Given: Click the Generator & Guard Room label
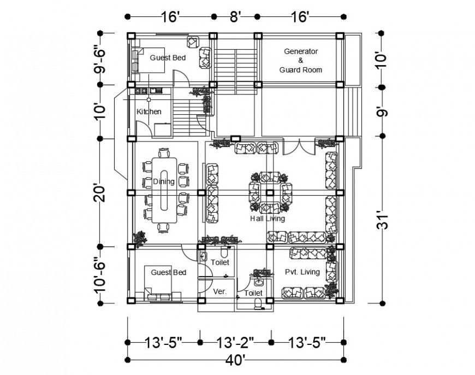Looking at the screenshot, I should pos(300,60).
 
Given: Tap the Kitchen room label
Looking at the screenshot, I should pos(149,112).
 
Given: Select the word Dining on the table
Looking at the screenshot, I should pos(163,181).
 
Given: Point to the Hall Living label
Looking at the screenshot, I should pos(268,219).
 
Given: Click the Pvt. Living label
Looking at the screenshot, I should pos(302,272).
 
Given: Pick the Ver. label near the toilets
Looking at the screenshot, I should pos(219,290).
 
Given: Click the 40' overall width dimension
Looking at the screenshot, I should pos(236,360).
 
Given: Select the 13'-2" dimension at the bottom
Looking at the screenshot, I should pos(236,343).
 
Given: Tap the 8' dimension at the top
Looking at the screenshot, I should pos(235,17).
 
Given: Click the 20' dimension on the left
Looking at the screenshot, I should pos(100,192).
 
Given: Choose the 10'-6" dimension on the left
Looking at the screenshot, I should pos(100,274).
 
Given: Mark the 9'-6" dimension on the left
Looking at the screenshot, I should pos(100,59).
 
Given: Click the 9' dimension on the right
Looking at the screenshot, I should pos(382,112).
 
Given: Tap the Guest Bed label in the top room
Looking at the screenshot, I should pos(168,57).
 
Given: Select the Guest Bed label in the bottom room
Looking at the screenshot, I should pos(169,272).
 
